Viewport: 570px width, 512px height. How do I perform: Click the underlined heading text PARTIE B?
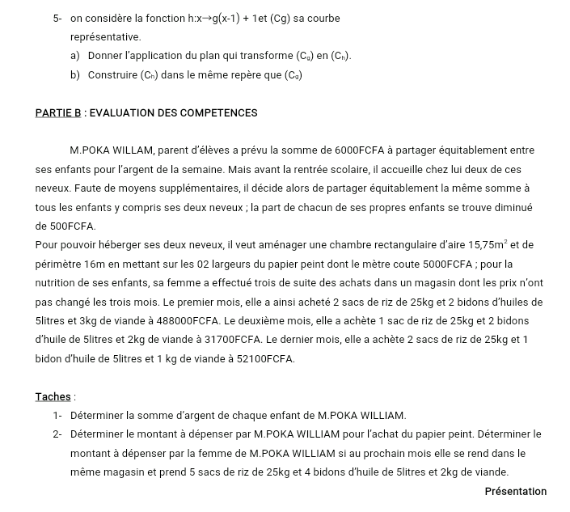point(58,113)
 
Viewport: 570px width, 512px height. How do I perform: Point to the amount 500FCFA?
point(65,226)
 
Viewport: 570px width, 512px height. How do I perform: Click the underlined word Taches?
point(53,396)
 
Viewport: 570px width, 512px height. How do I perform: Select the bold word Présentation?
point(515,491)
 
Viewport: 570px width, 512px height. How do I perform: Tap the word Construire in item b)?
point(112,75)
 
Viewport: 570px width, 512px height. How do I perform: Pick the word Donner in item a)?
point(104,56)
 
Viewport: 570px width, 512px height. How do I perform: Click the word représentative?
point(105,37)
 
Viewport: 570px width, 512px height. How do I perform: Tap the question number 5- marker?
point(57,18)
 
